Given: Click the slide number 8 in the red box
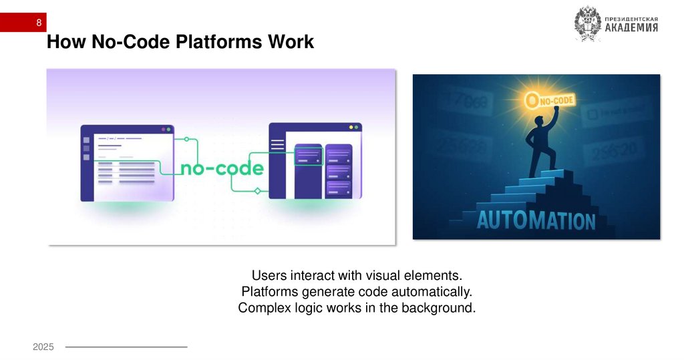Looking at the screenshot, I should (x=39, y=23).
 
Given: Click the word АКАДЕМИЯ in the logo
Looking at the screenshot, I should (x=631, y=27).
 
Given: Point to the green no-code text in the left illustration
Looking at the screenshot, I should (x=221, y=168).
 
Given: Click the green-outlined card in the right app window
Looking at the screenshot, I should (x=309, y=156).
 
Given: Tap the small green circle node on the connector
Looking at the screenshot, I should (x=187, y=140).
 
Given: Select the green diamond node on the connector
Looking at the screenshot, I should (x=257, y=192).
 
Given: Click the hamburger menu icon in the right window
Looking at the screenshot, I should (x=277, y=144).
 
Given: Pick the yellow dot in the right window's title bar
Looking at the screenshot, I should (x=351, y=128).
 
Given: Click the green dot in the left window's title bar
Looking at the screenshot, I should (x=169, y=128).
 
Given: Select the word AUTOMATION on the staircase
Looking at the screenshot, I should (x=536, y=220).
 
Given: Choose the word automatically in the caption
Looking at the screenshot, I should (x=436, y=292).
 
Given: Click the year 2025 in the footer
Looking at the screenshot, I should (x=43, y=347).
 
